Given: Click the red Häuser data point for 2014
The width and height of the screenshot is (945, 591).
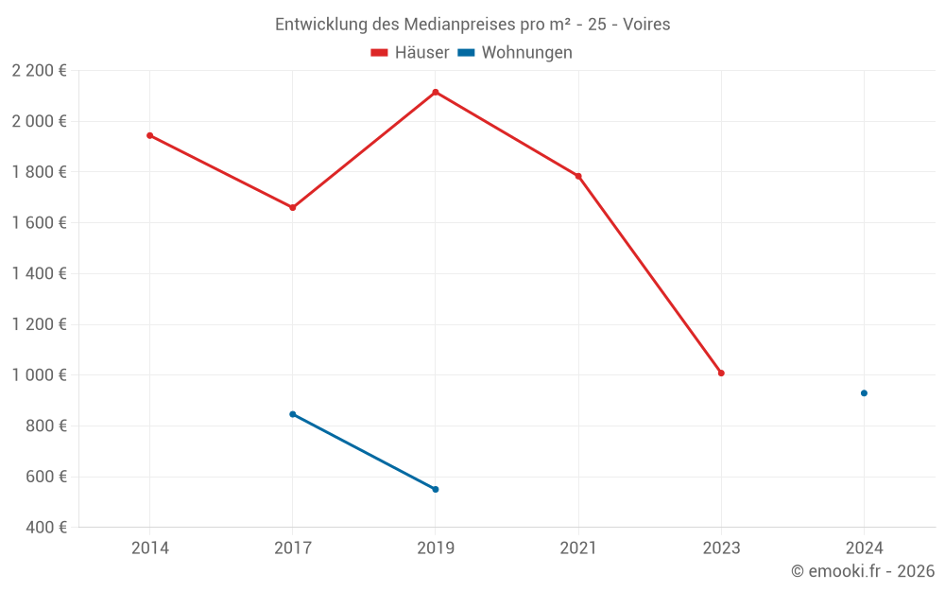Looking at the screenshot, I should point(149,135).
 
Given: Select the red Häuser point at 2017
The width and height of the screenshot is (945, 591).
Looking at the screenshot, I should point(292,207).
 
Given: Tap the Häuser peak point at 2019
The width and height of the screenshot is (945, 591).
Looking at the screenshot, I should point(436,92).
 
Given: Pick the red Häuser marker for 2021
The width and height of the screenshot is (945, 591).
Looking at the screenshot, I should point(578,176).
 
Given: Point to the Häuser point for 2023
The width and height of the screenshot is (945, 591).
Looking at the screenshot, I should point(721,373).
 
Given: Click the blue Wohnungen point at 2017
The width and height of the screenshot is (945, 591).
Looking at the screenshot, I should point(292,414).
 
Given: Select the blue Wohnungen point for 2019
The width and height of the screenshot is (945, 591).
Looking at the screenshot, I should point(436,489).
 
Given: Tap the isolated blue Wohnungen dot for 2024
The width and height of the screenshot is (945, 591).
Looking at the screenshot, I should point(864,393).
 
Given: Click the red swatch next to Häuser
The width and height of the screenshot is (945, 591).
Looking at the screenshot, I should point(380,53).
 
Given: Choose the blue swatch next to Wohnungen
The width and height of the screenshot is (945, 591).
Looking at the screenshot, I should point(466,53).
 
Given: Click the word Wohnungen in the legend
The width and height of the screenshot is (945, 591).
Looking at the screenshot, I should point(526,53).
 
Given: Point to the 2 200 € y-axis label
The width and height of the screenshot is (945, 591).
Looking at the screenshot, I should point(39,71).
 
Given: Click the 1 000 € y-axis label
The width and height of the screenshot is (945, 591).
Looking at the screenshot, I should point(39,375).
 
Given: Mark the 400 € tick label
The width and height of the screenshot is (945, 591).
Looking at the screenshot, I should point(44,528).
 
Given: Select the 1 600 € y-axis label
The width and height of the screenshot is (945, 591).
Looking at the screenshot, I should point(39,223).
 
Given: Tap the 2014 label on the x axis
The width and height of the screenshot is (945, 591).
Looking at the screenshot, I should point(149,548).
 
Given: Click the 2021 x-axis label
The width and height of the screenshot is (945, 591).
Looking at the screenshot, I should point(578,548).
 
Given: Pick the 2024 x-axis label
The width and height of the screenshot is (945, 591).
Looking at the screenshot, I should point(864,548).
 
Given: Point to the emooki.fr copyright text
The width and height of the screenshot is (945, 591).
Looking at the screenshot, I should point(863,571).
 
